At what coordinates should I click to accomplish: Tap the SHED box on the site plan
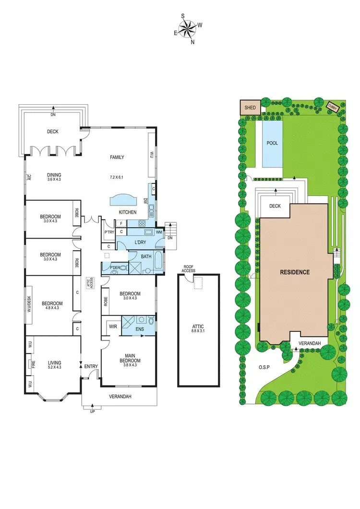click(x=250, y=107)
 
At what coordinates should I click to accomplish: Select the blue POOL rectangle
click(x=272, y=143)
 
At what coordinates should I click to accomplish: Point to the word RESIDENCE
click(x=295, y=272)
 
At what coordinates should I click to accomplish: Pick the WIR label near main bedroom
click(x=113, y=327)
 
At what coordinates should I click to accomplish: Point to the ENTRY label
click(x=91, y=367)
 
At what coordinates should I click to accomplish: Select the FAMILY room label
click(x=117, y=157)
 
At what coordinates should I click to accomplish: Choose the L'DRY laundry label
click(x=140, y=242)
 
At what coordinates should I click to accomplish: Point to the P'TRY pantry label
click(x=109, y=232)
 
